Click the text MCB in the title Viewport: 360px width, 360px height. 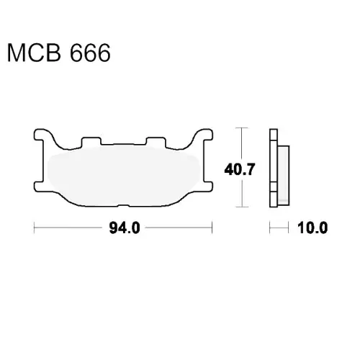(x=34, y=53)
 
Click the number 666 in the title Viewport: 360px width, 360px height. (x=90, y=53)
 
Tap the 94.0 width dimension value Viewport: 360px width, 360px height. (x=125, y=228)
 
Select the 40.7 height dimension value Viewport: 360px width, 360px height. (x=239, y=169)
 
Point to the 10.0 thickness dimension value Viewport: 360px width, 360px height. (x=312, y=228)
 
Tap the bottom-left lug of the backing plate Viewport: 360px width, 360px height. (x=39, y=186)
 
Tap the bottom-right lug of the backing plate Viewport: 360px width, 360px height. (x=207, y=186)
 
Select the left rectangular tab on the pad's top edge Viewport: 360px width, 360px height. (x=91, y=142)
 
